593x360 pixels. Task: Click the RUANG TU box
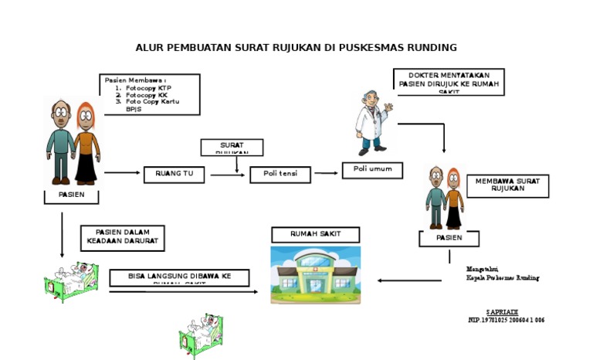pyautogui.click(x=175, y=175)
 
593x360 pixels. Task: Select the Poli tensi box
pyautogui.click(x=280, y=175)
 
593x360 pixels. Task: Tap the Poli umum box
pyautogui.click(x=372, y=170)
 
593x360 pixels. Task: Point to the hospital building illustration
pyautogui.click(x=314, y=275)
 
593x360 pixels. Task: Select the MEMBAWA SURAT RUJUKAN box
pyautogui.click(x=507, y=186)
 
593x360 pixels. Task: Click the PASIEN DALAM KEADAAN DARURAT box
pyautogui.click(x=122, y=238)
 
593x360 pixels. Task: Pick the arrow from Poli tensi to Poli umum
pyautogui.click(x=326, y=173)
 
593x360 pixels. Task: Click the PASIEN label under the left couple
pyautogui.click(x=73, y=196)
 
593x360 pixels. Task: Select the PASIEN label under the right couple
pyautogui.click(x=449, y=239)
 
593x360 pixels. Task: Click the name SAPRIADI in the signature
pyautogui.click(x=502, y=311)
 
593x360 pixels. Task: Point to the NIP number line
pyautogui.click(x=506, y=320)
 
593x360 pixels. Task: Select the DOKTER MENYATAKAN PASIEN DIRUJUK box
pyautogui.click(x=449, y=81)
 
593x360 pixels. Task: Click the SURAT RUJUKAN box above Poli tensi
pyautogui.click(x=232, y=147)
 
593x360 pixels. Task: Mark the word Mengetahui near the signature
pyautogui.click(x=482, y=269)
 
